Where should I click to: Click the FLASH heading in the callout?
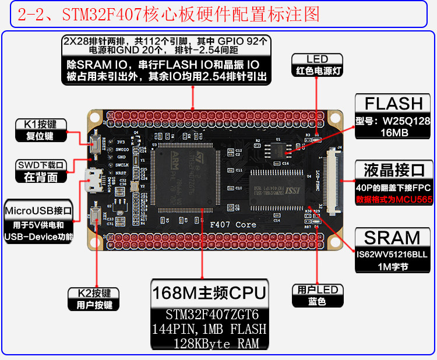[x=393, y=104]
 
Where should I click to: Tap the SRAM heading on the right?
[x=392, y=238]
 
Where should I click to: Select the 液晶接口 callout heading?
[x=394, y=171]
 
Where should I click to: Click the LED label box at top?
[x=317, y=59]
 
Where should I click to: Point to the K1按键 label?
[x=41, y=124]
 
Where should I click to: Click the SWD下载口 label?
[x=41, y=165]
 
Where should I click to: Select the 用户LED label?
[x=317, y=290]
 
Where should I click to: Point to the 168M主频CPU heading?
[x=209, y=292]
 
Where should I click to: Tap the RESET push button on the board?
[x=94, y=143]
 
